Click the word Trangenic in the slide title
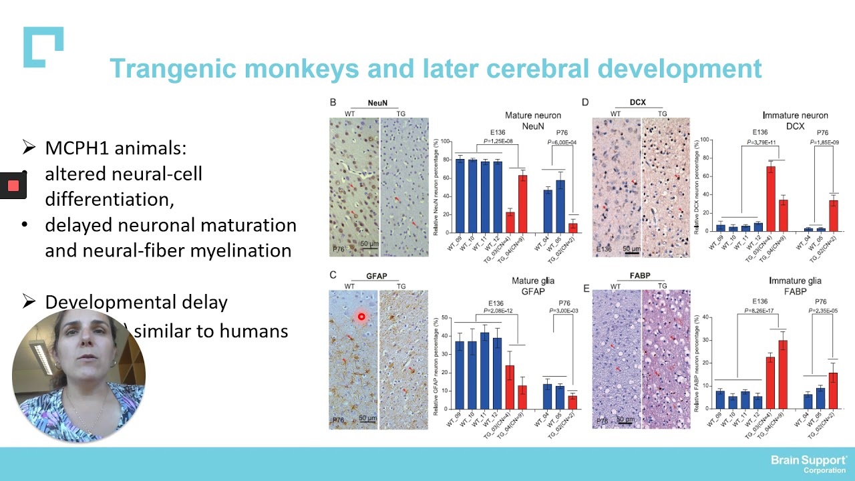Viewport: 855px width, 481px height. (174, 69)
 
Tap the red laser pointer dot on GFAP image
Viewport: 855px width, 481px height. (361, 317)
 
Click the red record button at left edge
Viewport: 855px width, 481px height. (13, 186)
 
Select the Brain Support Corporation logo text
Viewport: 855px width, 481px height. (809, 464)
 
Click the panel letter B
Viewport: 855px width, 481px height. (333, 102)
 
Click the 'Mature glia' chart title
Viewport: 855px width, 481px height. (533, 281)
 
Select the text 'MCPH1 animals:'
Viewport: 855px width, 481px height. (115, 148)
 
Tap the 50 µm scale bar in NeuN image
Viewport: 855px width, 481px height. (367, 245)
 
